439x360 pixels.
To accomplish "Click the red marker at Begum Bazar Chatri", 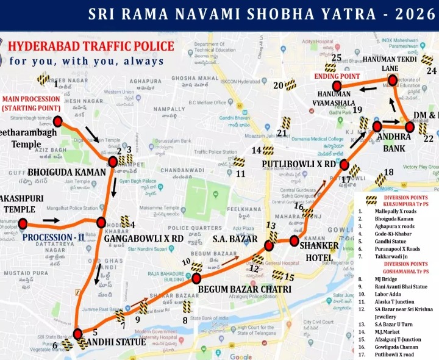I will (x=196, y=278).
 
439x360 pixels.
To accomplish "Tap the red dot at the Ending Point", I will (x=337, y=86).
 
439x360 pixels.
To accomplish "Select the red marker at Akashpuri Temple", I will (x=23, y=224).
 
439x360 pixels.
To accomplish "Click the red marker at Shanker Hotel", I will (x=294, y=242).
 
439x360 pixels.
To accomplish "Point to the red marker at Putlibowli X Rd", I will (x=344, y=165).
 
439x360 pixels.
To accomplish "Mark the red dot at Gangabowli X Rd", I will (x=101, y=223).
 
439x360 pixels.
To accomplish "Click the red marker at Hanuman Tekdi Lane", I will (x=393, y=80).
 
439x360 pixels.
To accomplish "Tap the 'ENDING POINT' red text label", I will (x=337, y=76).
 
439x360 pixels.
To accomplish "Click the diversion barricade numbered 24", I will (x=427, y=60).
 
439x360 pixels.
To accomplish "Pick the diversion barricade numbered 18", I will (x=380, y=179).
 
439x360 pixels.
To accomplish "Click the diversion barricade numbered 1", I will (x=43, y=79).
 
